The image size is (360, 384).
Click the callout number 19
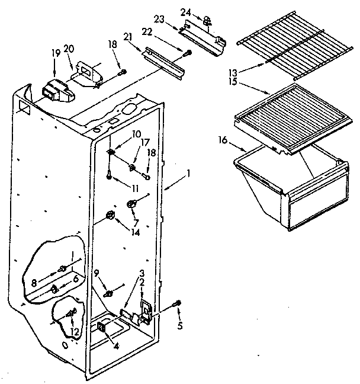pos(56,53)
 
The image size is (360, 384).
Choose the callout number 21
pos(143,37)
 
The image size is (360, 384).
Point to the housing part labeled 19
pos(53,92)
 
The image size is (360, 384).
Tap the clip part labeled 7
pos(132,204)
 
